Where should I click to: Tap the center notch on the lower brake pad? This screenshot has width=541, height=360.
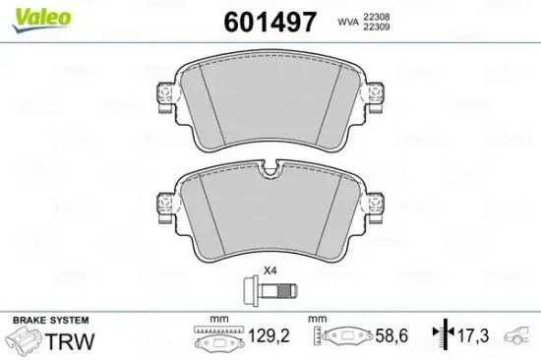[269, 174]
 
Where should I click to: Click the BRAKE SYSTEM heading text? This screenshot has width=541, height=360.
[50, 321]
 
